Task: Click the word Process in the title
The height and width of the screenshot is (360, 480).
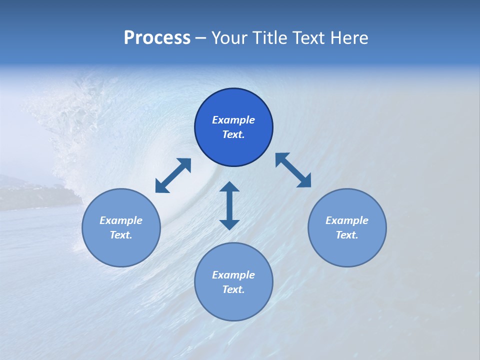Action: (x=157, y=38)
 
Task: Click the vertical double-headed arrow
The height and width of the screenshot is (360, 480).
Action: (x=229, y=205)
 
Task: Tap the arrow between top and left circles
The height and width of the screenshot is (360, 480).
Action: (x=173, y=175)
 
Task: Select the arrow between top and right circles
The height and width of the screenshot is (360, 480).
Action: (x=293, y=170)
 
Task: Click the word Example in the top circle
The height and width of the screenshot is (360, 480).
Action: (x=233, y=120)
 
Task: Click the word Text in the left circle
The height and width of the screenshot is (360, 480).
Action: (x=121, y=235)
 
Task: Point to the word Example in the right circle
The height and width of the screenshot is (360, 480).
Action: (x=347, y=220)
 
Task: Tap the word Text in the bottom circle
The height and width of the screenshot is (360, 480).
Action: (x=233, y=289)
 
